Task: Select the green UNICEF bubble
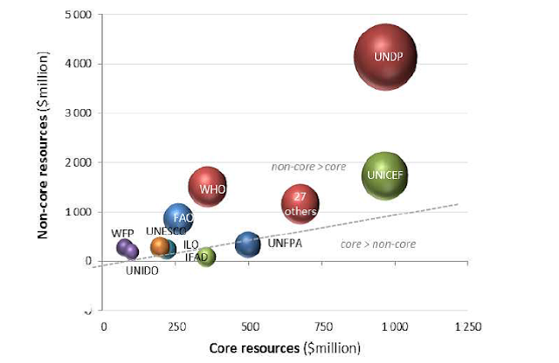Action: click(x=384, y=175)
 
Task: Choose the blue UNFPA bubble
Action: click(x=248, y=244)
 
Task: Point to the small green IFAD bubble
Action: click(x=206, y=257)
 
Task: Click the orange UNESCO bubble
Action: click(x=161, y=247)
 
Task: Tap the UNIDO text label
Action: click(x=142, y=271)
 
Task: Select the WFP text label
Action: click(x=122, y=234)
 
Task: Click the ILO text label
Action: click(x=191, y=243)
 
